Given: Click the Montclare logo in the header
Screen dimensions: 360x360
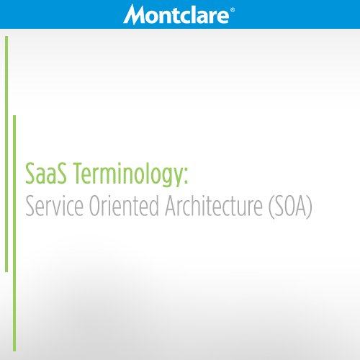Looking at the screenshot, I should tap(178, 14).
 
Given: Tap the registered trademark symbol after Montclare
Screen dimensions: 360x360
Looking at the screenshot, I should tap(232, 9).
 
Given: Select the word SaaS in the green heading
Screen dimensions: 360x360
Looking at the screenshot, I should tap(44, 175).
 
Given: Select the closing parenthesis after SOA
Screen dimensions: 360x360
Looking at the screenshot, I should tap(309, 208).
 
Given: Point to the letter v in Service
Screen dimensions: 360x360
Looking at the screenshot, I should tap(56, 209).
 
